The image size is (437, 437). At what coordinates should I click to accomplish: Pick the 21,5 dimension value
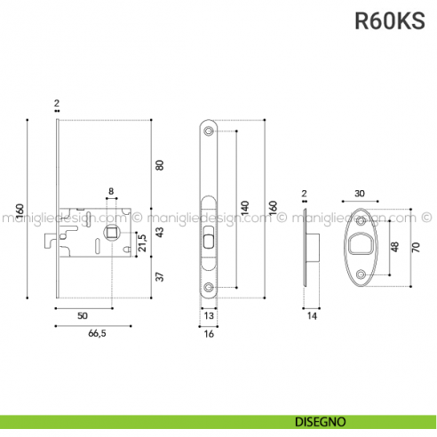pyautogui.click(x=141, y=241)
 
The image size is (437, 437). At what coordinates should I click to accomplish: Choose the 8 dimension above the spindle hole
pyautogui.click(x=111, y=191)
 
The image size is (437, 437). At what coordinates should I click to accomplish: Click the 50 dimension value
pyautogui.click(x=82, y=315)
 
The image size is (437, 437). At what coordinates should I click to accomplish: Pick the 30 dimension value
pyautogui.click(x=359, y=193)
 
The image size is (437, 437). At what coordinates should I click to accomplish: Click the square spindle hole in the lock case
pyautogui.click(x=113, y=233)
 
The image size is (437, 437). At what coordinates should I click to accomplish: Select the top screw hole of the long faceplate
pyautogui.click(x=209, y=131)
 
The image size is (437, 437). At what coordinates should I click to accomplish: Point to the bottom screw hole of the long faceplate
pyautogui.click(x=209, y=287)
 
